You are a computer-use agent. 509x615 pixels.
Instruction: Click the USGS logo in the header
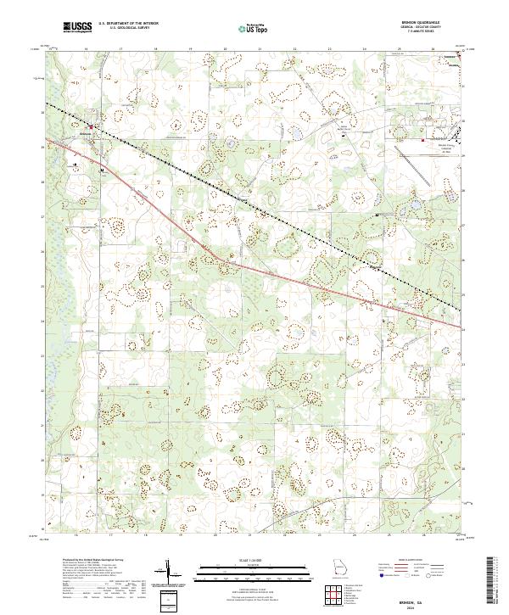[x=77, y=28]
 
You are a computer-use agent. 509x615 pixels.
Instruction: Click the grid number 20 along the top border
[x=224, y=50]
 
